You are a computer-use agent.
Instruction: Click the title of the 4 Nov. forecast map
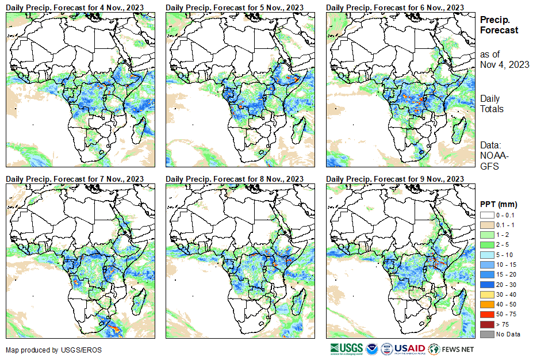click(75, 7)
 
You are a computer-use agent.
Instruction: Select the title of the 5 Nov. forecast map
click(235, 7)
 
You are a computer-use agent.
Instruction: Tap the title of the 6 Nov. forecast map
click(394, 7)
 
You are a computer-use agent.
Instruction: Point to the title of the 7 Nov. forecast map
click(75, 179)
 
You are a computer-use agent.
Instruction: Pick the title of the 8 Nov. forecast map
click(235, 179)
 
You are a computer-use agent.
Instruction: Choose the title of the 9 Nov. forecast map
click(394, 179)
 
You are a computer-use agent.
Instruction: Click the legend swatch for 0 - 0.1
click(486, 215)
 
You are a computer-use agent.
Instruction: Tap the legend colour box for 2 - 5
click(486, 245)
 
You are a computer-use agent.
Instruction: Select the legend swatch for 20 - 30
click(486, 285)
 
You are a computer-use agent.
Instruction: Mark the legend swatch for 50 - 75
click(486, 315)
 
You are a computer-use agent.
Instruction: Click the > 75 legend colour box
click(486, 324)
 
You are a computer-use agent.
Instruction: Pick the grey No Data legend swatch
click(486, 334)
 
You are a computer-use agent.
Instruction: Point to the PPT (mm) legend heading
click(499, 204)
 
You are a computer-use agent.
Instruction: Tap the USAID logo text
click(409, 348)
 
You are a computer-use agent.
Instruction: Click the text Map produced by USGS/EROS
click(46, 350)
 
